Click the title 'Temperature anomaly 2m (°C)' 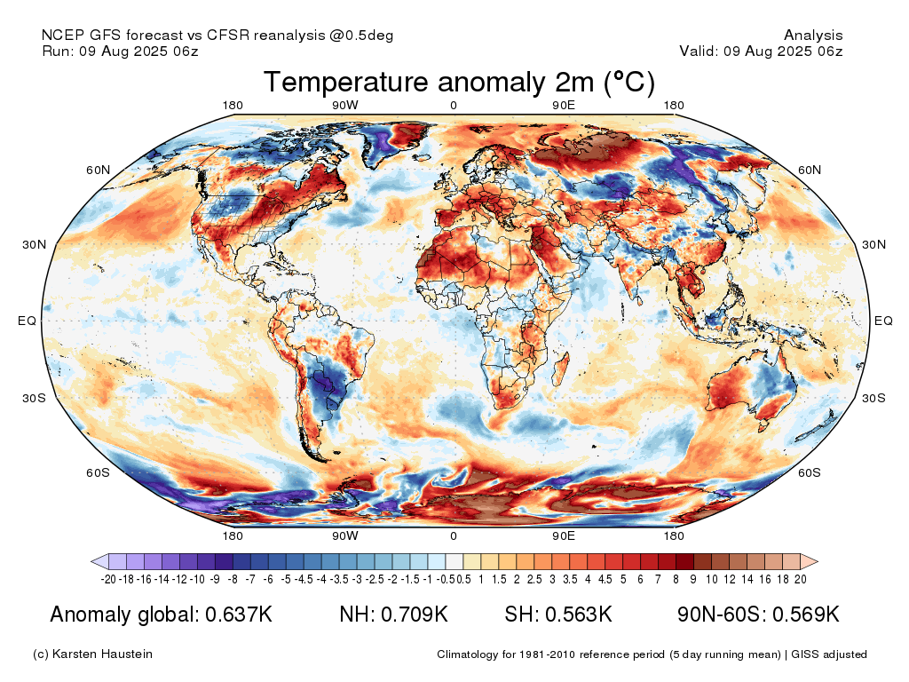coord(459,82)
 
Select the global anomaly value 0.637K coord(238,615)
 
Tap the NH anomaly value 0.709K coord(414,615)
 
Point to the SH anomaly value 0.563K coord(578,615)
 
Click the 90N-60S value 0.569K coord(806,615)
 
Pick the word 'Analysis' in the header coord(813,36)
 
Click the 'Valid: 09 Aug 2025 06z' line coord(761,51)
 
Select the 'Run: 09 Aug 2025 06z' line coord(120,51)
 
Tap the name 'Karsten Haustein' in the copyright coord(102,654)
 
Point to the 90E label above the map coord(564,105)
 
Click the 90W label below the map coord(345,535)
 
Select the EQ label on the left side coord(27,321)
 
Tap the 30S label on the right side coord(873,398)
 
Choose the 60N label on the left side coord(98,170)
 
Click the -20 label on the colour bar coord(107,579)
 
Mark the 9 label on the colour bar coord(692,579)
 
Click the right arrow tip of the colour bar coord(818,561)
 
